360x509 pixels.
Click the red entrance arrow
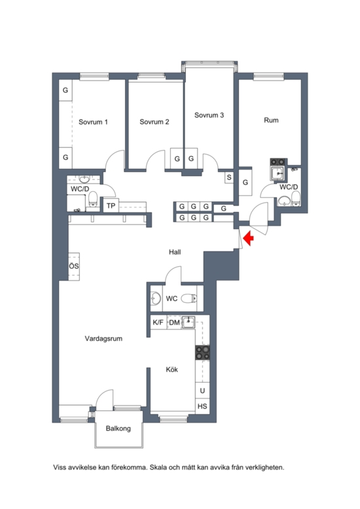coord(249,238)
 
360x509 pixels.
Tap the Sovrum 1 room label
coord(93,122)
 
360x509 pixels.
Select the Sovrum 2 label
coord(154,122)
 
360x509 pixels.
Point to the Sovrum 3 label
coord(209,115)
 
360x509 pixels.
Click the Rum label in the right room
coord(271,120)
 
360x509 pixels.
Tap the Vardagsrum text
coord(103,339)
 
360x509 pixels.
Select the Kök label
coord(172,370)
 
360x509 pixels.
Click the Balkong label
coord(118,429)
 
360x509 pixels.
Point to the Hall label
coord(175,252)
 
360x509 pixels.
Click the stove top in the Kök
coord(202,353)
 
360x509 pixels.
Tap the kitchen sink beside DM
coord(188,322)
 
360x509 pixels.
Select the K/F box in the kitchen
coord(158,323)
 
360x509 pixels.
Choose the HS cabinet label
coord(202,406)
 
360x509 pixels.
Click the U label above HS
coord(202,391)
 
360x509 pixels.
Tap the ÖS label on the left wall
coord(74,266)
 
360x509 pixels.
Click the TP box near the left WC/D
coord(111,206)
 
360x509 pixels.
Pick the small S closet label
coord(229,177)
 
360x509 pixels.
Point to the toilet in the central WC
coord(189,298)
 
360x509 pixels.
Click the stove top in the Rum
coord(278,162)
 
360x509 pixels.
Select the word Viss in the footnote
coord(59,468)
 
